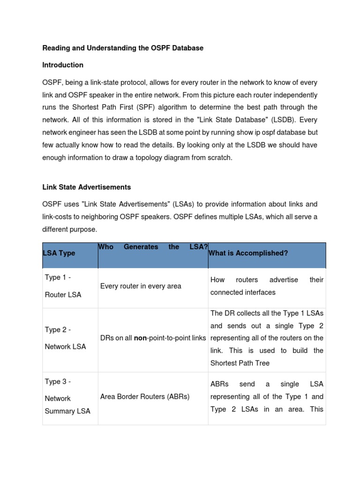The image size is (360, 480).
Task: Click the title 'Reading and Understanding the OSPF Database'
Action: coord(123,48)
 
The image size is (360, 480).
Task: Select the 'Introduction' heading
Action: coord(63,65)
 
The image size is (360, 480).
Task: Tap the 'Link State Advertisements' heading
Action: coord(87,187)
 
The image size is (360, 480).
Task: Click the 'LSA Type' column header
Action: coord(59,253)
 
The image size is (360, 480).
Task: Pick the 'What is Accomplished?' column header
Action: coord(248,253)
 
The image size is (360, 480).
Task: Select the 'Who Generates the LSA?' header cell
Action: coord(153,247)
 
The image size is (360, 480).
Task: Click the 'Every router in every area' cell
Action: coord(141,286)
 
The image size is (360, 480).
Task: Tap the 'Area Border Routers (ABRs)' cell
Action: coord(145,397)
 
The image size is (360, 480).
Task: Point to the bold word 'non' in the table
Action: coord(140,338)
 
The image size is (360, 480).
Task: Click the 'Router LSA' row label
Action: coord(63,295)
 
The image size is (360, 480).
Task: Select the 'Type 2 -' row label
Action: coord(58,330)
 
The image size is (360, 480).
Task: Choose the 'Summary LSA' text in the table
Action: coord(67,411)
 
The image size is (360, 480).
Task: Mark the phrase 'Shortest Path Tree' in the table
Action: coord(240,363)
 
